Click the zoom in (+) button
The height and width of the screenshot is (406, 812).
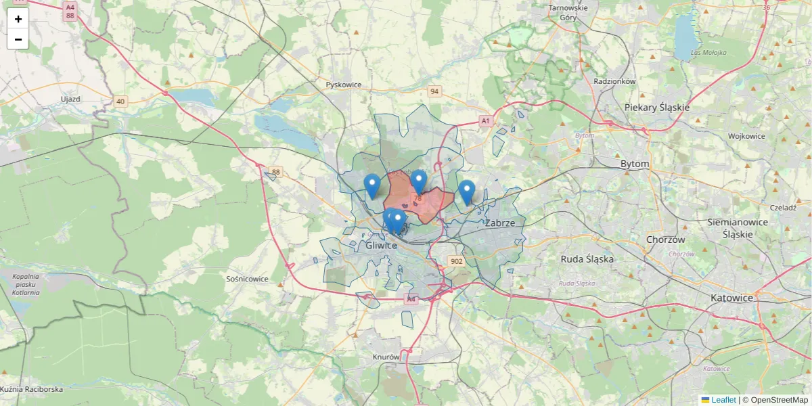point(18,19)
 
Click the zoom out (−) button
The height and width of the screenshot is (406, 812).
point(18,39)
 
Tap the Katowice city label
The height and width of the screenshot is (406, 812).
point(731,298)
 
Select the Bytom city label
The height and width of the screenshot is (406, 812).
point(635,164)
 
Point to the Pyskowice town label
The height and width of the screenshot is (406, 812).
point(344,85)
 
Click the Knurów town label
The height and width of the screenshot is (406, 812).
point(386,357)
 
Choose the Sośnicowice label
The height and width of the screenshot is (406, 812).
point(247,279)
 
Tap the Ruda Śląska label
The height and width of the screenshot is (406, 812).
point(587,258)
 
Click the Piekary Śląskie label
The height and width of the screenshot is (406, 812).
point(656,108)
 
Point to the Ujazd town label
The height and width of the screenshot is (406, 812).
point(70,99)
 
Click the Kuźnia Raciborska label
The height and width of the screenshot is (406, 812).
point(32,390)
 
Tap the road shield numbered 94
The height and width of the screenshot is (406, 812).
point(434,91)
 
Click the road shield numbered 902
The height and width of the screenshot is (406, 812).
point(456,262)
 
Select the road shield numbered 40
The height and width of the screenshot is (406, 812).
point(120,101)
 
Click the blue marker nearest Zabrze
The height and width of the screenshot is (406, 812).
point(466,191)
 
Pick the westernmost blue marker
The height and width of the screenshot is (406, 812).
point(371,185)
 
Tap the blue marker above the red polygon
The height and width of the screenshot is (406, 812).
point(418,181)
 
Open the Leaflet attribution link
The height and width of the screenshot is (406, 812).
point(723,400)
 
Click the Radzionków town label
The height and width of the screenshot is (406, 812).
point(614,81)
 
